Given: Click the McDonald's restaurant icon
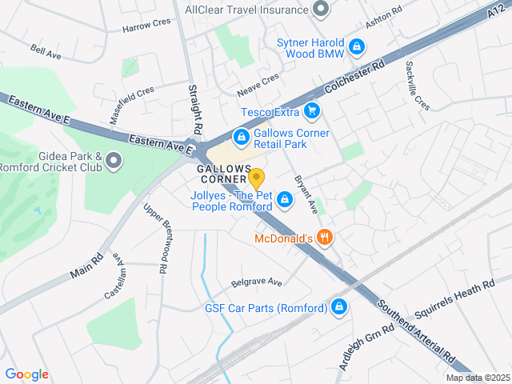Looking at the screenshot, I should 324,238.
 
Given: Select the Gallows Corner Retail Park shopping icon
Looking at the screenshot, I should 240,138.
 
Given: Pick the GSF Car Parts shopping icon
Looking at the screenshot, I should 339,307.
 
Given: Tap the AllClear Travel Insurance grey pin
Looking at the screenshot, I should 321,10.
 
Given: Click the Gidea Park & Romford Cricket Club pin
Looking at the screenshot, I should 114,162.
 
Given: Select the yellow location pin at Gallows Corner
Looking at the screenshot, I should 256,178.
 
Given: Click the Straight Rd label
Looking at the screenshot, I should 195,109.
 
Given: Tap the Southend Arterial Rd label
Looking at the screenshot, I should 417,331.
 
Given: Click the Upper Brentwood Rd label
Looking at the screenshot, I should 156,238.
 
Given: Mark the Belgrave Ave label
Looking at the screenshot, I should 257,282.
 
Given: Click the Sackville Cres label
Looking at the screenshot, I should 417,86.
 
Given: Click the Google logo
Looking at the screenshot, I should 26,374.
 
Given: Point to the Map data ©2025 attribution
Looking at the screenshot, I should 478,378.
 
